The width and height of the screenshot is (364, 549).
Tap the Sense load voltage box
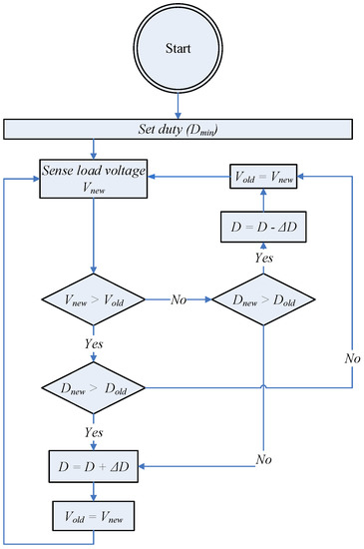pos(93,180)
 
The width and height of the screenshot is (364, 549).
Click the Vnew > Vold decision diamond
pos(93,297)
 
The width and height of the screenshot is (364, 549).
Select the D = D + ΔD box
pos(93,464)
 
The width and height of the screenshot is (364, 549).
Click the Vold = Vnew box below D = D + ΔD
pos(93,517)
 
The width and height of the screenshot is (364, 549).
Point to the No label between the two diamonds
pos(179,297)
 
